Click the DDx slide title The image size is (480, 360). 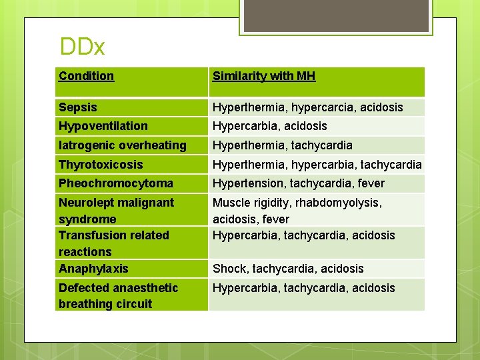[82, 47]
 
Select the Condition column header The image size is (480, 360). [86, 76]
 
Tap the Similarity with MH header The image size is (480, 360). [264, 76]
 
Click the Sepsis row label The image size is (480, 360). [78, 107]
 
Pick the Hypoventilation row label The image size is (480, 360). [103, 126]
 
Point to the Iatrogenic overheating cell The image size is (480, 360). [123, 145]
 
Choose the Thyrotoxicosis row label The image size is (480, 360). [101, 165]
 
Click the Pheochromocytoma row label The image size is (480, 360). [116, 183]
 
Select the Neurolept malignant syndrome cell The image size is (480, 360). [116, 211]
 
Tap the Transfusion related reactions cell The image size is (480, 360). [114, 243]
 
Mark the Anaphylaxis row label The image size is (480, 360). [93, 269]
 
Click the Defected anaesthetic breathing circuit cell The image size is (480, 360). [118, 296]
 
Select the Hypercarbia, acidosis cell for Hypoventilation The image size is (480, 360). [269, 126]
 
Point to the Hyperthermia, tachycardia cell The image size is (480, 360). [283, 145]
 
